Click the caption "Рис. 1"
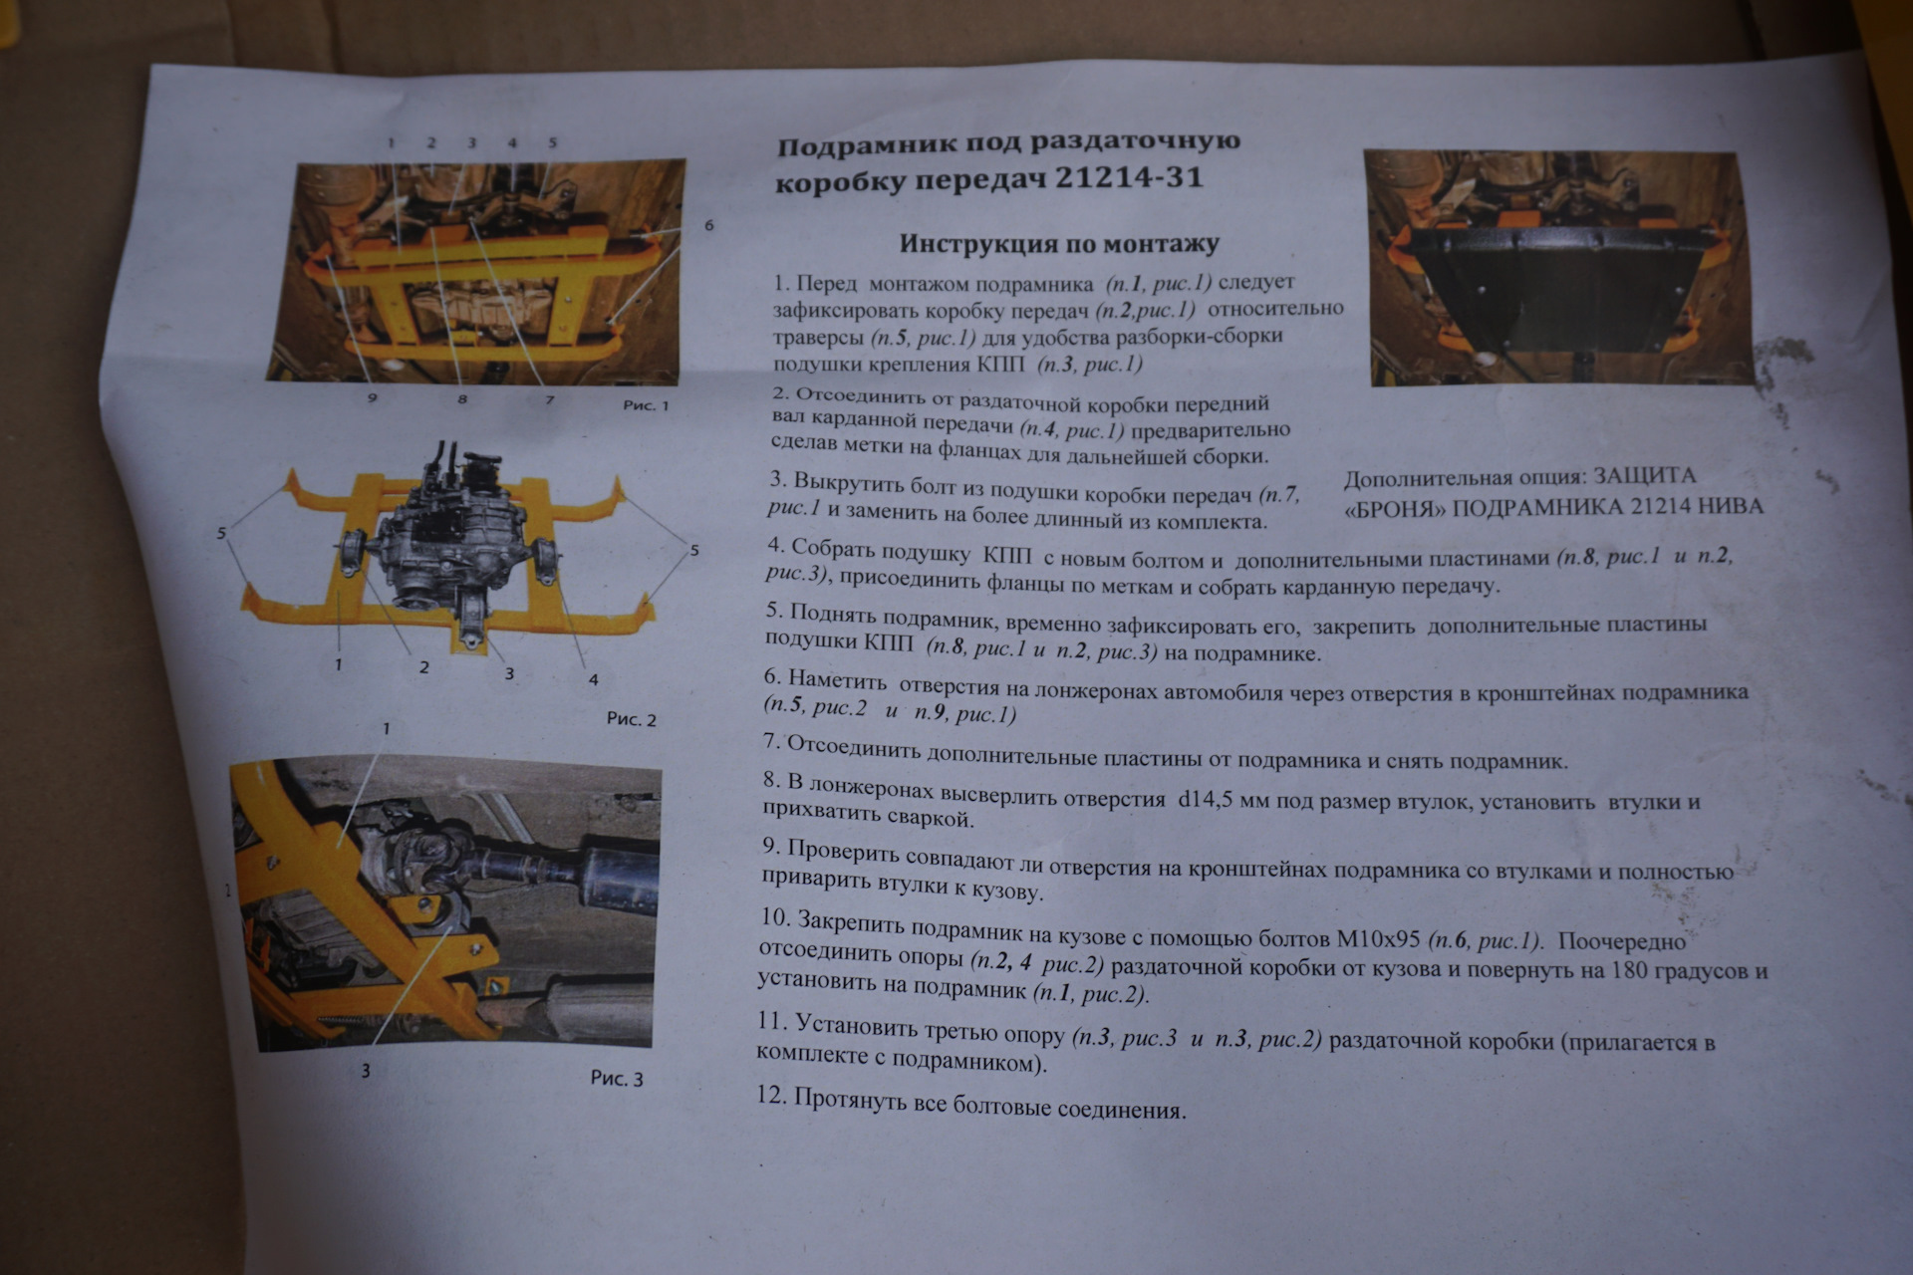646,405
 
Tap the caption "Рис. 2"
632,719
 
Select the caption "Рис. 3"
617,1078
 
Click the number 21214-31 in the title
1128,178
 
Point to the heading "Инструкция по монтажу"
1059,243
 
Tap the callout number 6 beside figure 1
709,225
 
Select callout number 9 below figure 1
372,397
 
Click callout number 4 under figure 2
593,679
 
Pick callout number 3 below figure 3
366,1071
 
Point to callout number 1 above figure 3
386,728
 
